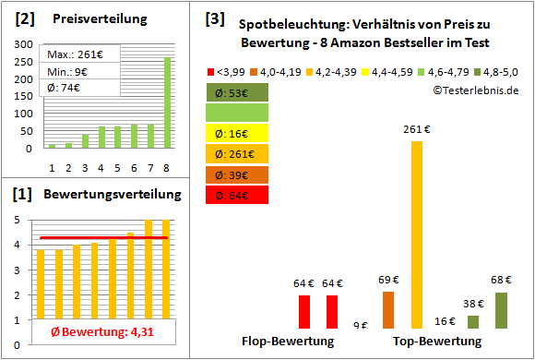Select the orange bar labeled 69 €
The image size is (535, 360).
tap(388, 310)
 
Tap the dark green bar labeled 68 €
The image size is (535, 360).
tap(501, 310)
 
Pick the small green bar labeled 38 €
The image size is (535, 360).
tap(473, 322)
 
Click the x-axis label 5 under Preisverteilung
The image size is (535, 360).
tap(117, 168)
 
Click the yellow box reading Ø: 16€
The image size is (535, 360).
tap(238, 133)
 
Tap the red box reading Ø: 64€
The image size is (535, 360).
tap(238, 194)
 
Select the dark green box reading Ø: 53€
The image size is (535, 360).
tap(238, 92)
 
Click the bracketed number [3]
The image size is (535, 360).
tap(214, 18)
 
